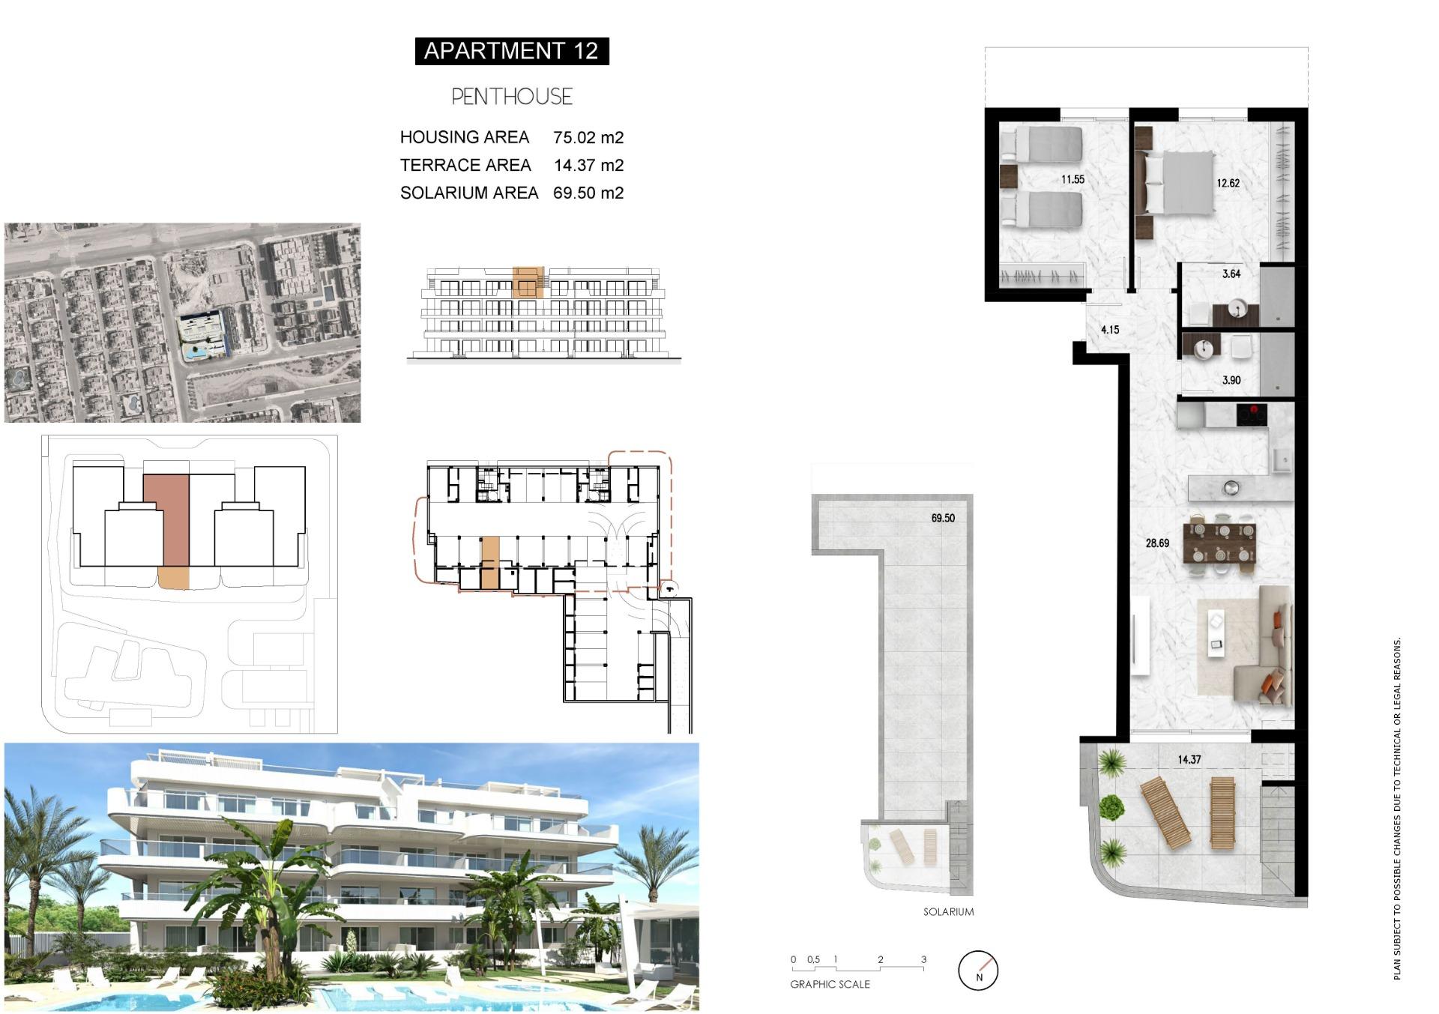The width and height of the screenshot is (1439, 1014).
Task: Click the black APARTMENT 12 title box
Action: coord(511,51)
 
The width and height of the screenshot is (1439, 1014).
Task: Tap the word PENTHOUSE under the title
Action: coord(511,97)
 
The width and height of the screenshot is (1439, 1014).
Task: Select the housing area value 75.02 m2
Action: coord(588,137)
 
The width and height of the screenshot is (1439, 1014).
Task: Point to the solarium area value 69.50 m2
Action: coord(588,193)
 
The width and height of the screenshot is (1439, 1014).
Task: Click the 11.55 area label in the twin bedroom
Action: coord(1073,179)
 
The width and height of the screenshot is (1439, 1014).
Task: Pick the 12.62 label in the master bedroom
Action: coord(1228,183)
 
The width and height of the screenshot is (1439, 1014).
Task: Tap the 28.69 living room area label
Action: coord(1157,543)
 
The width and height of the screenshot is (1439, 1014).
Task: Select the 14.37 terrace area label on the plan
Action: coord(1189,759)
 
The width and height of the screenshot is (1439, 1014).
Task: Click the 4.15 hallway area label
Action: coord(1110,329)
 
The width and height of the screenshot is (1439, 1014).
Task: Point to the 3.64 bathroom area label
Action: coord(1231,274)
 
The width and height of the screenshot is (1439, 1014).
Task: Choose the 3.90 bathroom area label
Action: coord(1231,380)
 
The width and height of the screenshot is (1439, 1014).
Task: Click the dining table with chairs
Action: coord(1219,543)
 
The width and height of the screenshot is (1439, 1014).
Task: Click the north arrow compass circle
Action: coord(978,971)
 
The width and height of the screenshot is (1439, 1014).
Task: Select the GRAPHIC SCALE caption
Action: coord(830,984)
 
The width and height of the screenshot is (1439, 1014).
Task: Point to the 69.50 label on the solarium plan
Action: coord(943,518)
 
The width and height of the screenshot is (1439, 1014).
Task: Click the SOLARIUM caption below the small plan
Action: coord(948,912)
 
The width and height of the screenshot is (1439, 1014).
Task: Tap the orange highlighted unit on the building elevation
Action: coord(527,282)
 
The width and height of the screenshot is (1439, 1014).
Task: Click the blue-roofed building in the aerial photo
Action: coord(202,327)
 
